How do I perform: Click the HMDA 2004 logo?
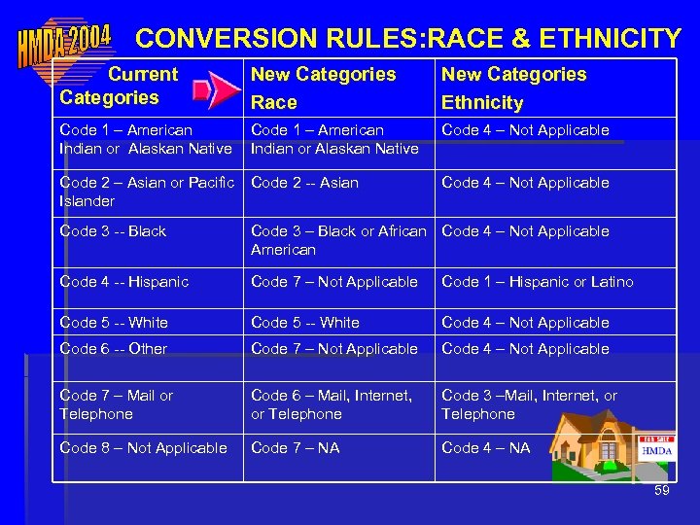click(x=63, y=42)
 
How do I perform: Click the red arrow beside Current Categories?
click(x=215, y=91)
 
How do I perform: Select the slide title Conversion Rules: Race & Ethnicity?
click(x=408, y=38)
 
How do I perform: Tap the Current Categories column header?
click(x=120, y=86)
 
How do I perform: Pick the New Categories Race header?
click(x=323, y=87)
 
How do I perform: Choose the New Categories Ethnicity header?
click(x=513, y=87)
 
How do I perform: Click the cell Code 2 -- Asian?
click(x=304, y=183)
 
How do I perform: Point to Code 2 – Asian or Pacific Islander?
click(x=146, y=192)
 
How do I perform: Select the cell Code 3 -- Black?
click(x=113, y=231)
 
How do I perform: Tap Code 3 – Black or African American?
click(x=337, y=240)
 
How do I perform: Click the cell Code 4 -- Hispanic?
click(x=123, y=282)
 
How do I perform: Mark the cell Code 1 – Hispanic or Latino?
click(x=537, y=282)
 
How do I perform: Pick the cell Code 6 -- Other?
click(x=113, y=349)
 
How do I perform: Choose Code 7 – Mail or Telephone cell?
click(x=116, y=404)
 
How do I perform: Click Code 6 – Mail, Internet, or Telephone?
click(x=331, y=404)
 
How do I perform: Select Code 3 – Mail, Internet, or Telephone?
click(x=529, y=404)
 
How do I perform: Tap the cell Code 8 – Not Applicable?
click(x=143, y=448)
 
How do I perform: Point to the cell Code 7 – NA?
click(x=295, y=448)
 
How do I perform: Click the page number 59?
click(x=662, y=491)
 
